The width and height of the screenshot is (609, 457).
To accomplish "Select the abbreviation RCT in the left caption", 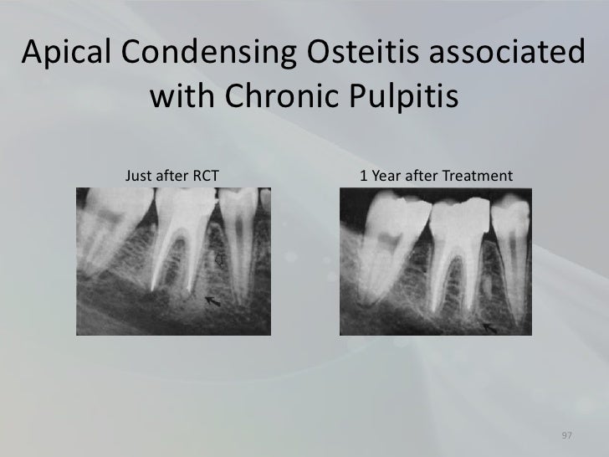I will (206, 176).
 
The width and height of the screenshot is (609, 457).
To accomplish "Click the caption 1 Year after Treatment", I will (434, 176).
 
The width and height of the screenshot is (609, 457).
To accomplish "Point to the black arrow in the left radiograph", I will (213, 300).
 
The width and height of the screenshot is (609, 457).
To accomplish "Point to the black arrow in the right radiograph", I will (489, 328).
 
